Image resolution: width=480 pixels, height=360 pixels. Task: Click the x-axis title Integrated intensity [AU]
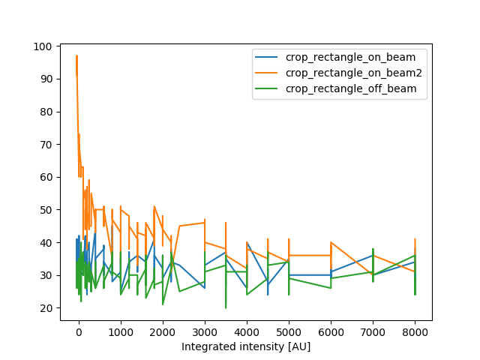click(246, 347)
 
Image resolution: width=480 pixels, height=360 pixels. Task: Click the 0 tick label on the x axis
click(78, 331)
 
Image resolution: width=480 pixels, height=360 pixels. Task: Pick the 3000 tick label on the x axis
click(205, 331)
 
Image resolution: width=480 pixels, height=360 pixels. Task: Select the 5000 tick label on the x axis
click(289, 331)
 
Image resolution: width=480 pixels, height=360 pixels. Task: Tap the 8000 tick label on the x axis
click(415, 331)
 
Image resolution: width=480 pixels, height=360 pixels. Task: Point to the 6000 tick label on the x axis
click(331, 331)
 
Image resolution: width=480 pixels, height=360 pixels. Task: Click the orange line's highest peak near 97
click(76, 56)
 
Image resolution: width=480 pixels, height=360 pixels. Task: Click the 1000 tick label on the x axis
click(121, 331)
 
